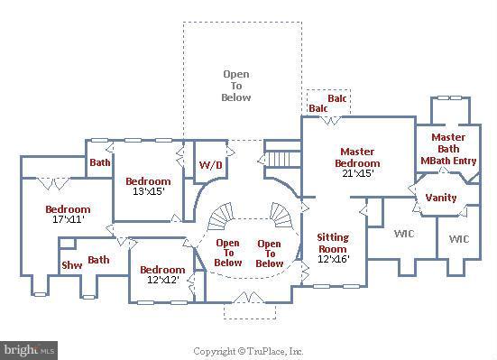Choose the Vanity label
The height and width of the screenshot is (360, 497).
tap(440, 198)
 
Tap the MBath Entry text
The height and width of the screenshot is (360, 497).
tap(448, 161)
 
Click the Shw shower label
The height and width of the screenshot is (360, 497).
tap(71, 265)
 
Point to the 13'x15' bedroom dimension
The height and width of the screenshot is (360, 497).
tap(146, 191)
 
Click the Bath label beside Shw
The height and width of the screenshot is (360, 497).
tap(98, 260)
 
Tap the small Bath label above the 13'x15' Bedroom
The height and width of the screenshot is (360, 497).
tap(99, 163)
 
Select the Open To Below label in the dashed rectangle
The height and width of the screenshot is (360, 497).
tap(236, 86)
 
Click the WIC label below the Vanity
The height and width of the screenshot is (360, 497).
tap(458, 239)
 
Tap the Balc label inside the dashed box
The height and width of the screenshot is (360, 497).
tap(336, 97)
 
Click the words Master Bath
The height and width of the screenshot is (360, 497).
tap(448, 143)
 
